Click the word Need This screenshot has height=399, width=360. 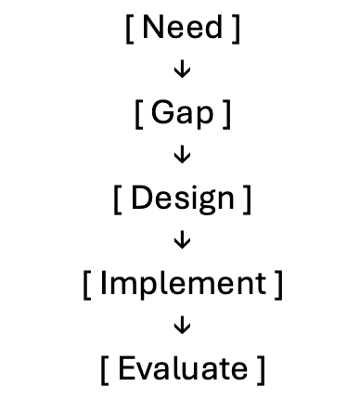click(182, 28)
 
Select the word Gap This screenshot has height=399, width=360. click(182, 115)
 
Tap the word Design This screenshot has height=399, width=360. click(182, 199)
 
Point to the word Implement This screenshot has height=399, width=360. click(182, 284)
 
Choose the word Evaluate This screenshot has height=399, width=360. click(182, 368)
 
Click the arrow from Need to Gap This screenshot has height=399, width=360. click(182, 71)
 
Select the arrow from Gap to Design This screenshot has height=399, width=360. click(182, 156)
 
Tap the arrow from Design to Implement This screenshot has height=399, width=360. click(182, 241)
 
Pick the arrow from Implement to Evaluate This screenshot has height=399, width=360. click(182, 326)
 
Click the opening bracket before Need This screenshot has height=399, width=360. click(128, 29)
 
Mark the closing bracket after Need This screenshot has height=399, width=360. click(237, 29)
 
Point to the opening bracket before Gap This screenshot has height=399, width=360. click(138, 115)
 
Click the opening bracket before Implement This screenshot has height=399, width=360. click(86, 285)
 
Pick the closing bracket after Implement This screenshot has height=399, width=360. click(278, 285)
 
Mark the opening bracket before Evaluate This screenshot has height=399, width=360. click(104, 369)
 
